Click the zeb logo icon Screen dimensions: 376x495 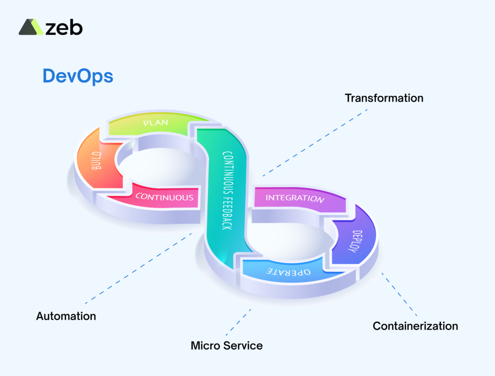(x=30, y=27)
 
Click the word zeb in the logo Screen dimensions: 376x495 (x=64, y=28)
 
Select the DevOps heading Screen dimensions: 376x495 (x=78, y=76)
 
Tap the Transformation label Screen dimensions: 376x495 (x=384, y=98)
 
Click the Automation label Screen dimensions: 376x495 (x=66, y=316)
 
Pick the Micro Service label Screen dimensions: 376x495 (x=227, y=346)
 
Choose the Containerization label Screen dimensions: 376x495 (x=415, y=326)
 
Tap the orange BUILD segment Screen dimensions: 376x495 (x=96, y=162)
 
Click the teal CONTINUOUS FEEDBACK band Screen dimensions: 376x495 (x=226, y=194)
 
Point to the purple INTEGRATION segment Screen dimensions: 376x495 (x=295, y=198)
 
